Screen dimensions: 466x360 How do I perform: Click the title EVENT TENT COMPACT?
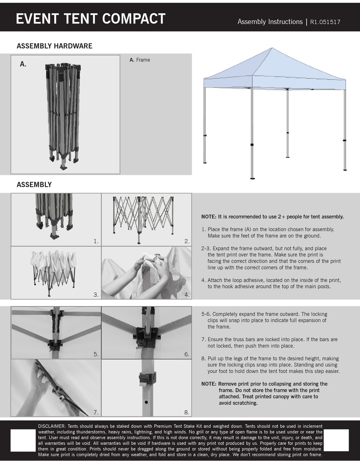pos(91,19)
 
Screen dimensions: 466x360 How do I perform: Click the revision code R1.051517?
pos(325,22)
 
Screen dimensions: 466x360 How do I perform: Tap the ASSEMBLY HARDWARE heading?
pos(54,46)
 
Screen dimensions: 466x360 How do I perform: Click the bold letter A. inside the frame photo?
pos(23,64)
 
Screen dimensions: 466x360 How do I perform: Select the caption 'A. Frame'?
pos(139,60)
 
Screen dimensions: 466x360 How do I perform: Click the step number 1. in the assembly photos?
pos(96,241)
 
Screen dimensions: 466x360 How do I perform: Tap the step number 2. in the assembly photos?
pos(186,241)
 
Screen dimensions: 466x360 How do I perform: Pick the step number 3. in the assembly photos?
pos(96,295)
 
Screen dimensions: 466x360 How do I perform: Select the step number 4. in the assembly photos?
pos(186,295)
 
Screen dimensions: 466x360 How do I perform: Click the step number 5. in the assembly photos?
pos(96,355)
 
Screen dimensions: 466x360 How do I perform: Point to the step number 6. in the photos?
pos(186,355)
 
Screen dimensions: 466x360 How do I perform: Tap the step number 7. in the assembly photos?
pos(96,412)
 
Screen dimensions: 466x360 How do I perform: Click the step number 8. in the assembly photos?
pos(186,412)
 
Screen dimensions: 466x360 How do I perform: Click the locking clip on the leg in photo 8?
pos(148,378)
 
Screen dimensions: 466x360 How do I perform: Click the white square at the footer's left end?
pos(23,440)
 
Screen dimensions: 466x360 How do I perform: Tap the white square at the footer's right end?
pos(337,440)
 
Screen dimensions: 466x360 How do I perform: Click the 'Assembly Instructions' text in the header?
pos(270,22)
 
